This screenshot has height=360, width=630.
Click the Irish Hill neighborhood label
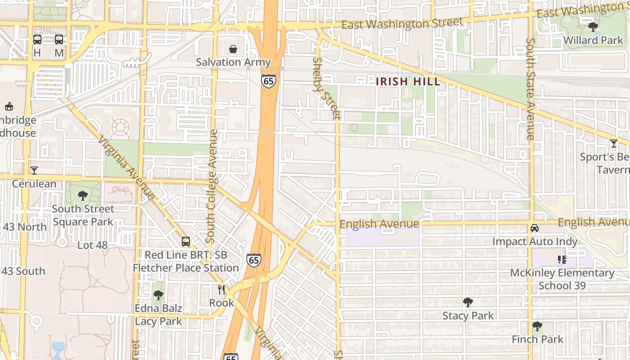pos(408,81)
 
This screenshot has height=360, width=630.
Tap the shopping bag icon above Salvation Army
pos(233,49)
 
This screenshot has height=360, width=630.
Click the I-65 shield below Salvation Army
pos(268,81)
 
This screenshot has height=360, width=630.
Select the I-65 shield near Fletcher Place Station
pos(253,260)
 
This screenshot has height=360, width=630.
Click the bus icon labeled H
pos(37,40)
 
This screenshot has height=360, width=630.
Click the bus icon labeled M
pos(59,40)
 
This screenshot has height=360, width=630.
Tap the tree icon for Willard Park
pos(593,27)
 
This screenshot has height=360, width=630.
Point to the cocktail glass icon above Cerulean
pos(34,170)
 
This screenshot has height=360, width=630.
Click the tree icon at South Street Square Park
pos(82,195)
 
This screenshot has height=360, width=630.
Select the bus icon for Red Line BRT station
pos(186,242)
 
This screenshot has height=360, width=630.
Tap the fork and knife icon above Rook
pos(221,289)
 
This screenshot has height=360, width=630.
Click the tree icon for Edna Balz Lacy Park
pos(158,295)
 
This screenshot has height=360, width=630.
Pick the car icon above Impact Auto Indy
pos(535,228)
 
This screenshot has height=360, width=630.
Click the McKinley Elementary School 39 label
pos(562,279)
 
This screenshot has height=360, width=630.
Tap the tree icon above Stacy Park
pos(468,302)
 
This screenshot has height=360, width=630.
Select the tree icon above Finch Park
pos(537,326)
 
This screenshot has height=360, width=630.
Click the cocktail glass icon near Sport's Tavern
pos(614,144)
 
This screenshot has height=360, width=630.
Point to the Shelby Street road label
pos(327,89)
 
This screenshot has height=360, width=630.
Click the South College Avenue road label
pos(212,186)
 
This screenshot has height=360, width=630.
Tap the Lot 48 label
pos(93,245)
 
